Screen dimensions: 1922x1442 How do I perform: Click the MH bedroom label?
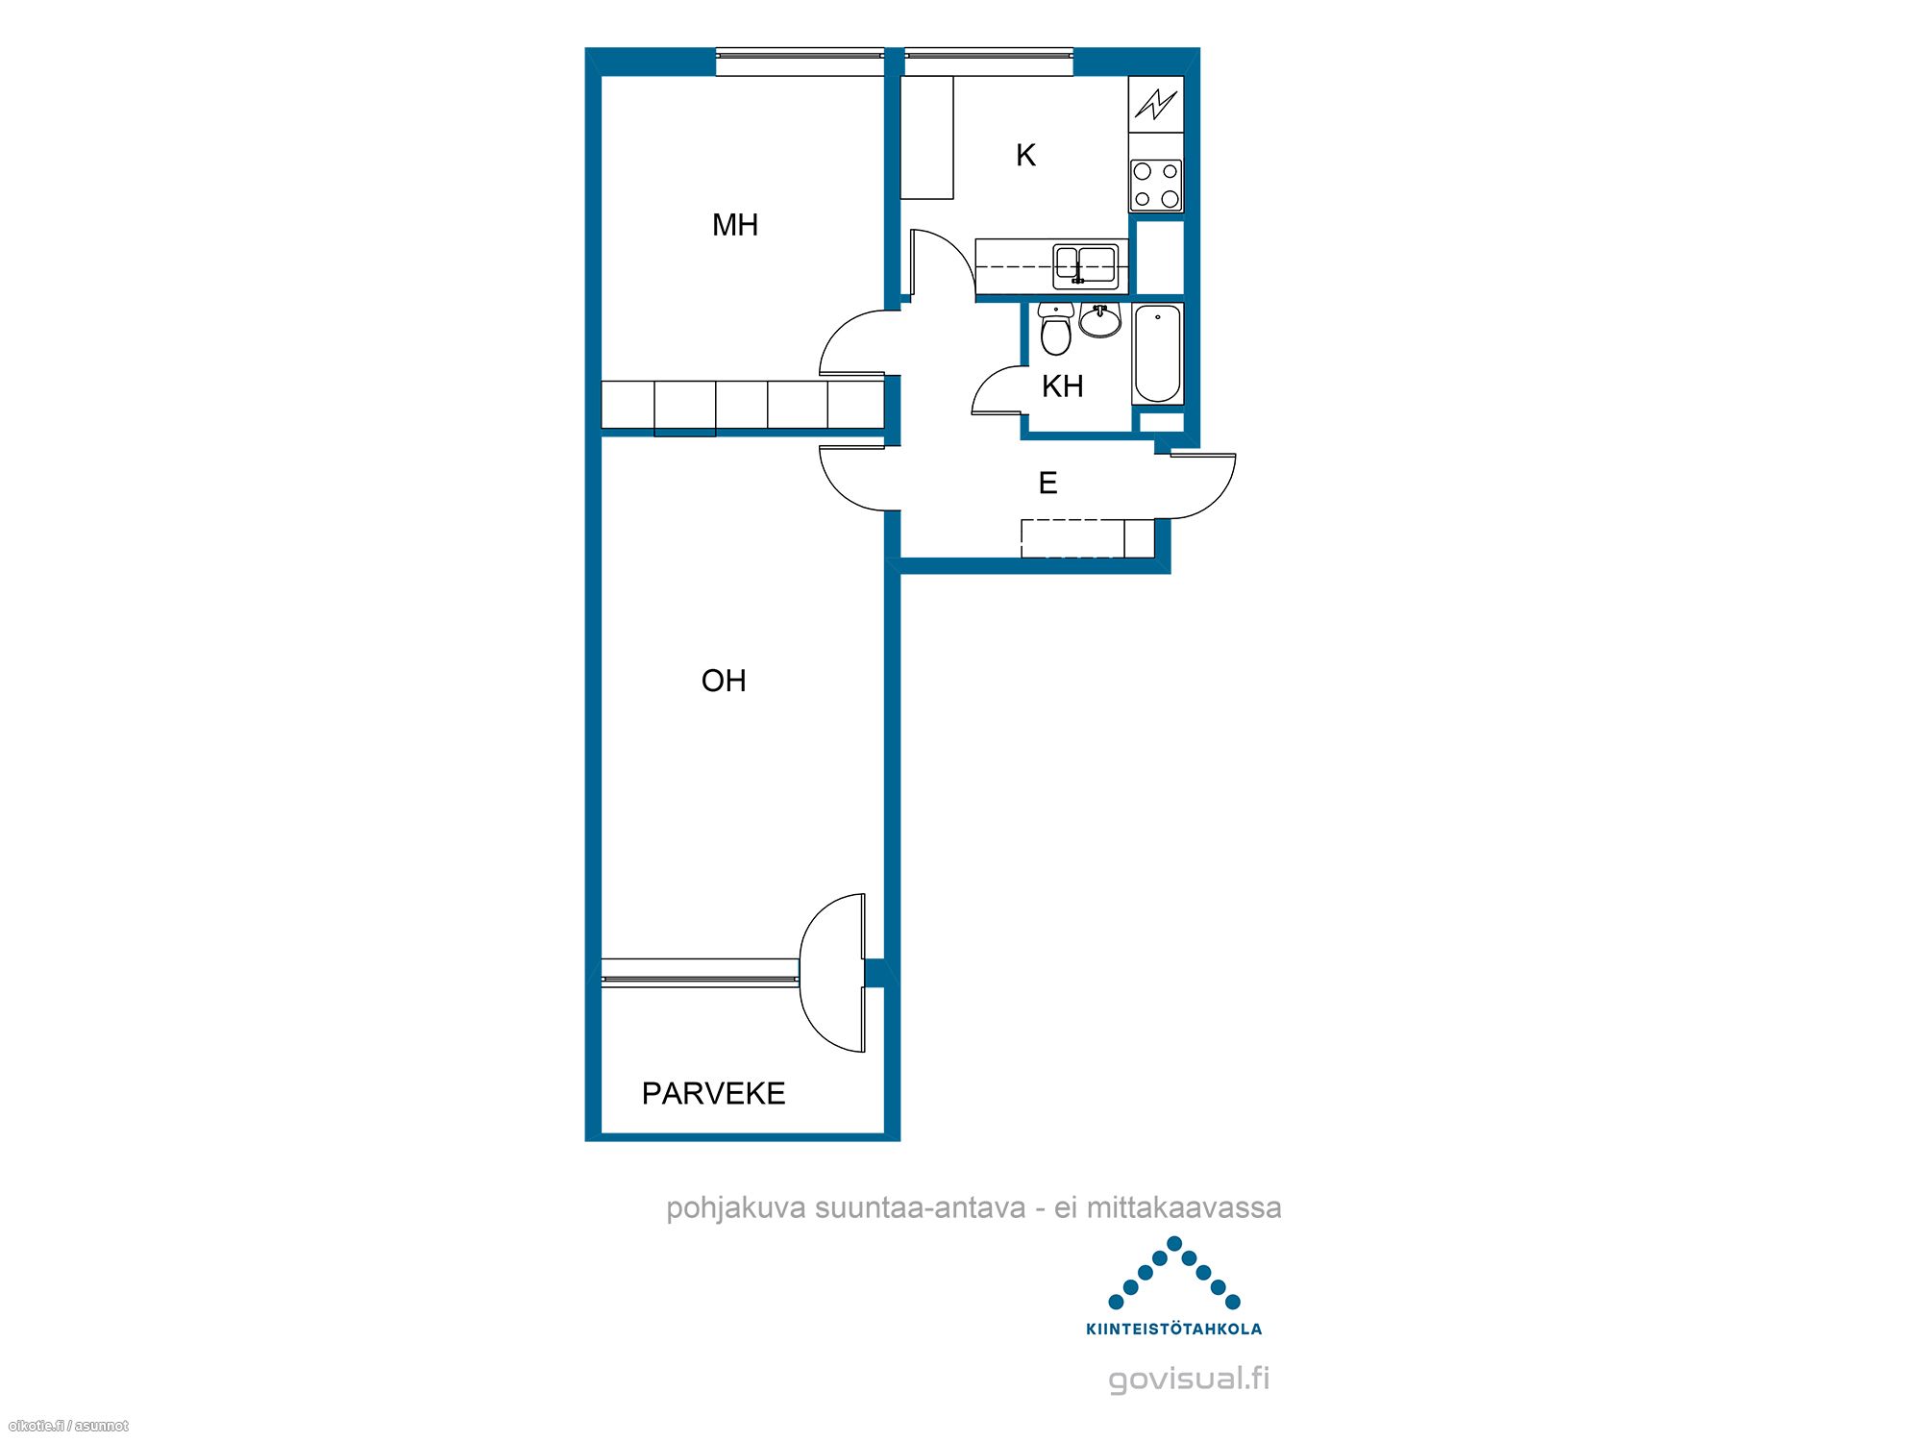735,225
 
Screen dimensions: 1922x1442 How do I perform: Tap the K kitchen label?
1025,155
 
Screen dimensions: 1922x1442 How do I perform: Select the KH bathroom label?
1062,386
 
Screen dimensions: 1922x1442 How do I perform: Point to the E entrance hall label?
1047,483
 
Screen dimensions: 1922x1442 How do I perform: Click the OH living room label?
724,681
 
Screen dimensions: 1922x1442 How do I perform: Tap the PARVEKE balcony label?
713,1093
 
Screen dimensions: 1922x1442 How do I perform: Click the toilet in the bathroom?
1055,329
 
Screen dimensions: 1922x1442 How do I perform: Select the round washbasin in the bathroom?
1100,320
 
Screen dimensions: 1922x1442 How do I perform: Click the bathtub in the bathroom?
1158,354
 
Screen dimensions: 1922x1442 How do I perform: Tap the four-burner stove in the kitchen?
1156,186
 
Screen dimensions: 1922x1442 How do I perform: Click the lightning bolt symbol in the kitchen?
1156,103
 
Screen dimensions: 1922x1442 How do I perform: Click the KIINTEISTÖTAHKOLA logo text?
1173,1330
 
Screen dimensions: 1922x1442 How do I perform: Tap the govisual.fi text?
1189,1379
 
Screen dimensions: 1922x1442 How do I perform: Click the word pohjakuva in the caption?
736,1208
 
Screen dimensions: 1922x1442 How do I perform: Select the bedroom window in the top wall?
800,62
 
